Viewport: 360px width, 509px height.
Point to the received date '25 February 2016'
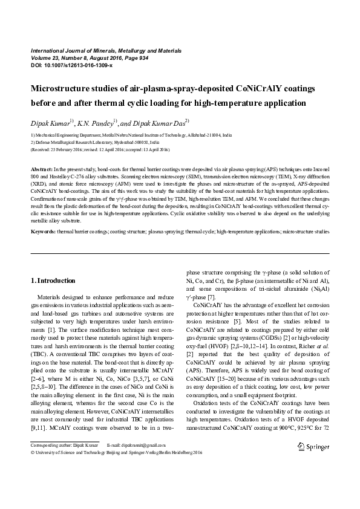coord(65,149)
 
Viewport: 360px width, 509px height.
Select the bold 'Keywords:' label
coord(44,232)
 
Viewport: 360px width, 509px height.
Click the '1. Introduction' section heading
coord(53,280)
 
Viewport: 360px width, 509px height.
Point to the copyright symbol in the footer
coord(32,452)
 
